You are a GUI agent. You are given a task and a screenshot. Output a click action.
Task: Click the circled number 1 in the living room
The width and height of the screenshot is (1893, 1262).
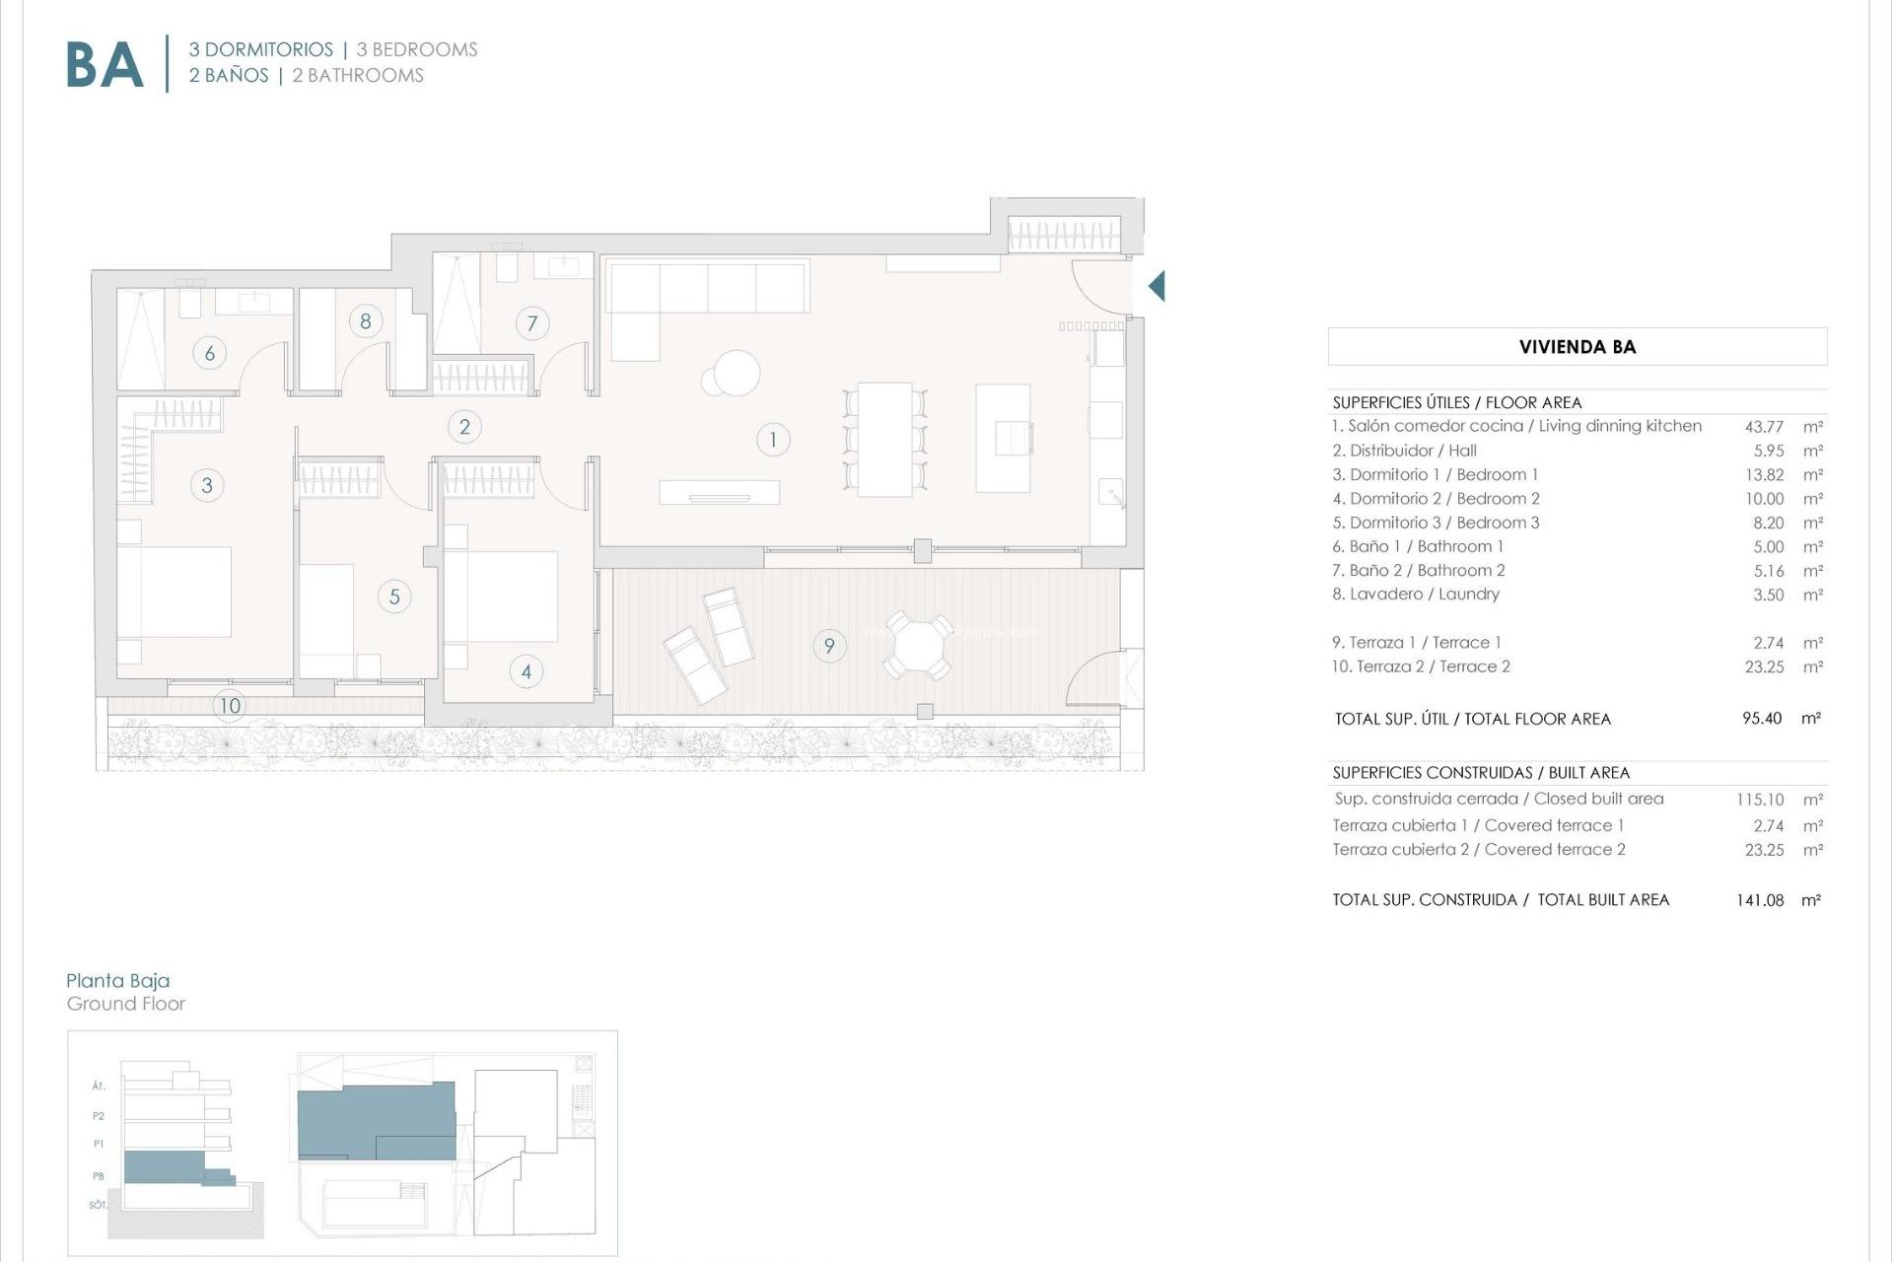773,440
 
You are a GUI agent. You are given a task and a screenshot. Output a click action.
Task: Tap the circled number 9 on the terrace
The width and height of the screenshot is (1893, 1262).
829,646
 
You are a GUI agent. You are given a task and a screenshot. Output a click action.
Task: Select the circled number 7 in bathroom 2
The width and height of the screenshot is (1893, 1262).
532,322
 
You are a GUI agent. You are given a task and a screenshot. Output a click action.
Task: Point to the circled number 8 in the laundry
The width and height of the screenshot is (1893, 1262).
366,320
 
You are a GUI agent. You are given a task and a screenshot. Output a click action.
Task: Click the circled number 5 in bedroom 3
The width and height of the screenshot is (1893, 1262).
394,596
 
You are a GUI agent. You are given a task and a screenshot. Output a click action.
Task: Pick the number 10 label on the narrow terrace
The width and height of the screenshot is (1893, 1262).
230,706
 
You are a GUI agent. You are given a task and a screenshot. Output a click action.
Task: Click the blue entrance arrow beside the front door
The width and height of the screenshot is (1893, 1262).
1157,286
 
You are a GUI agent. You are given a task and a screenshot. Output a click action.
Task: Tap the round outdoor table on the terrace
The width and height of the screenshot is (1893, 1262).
919,647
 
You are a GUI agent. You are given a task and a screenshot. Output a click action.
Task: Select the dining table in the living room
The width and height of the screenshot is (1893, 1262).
884,440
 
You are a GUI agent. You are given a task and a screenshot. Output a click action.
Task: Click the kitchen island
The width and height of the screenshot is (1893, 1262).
1003,438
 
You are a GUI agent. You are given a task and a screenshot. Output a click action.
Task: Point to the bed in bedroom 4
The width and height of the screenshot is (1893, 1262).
501,596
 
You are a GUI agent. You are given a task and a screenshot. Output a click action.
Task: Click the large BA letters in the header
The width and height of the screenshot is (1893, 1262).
105,65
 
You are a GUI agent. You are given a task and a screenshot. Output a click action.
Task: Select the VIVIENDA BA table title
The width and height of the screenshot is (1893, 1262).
1577,347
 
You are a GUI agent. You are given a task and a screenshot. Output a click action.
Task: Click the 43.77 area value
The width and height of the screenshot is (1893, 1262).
1764,427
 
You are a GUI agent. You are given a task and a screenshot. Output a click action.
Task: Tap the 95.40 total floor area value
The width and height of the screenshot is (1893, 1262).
1762,719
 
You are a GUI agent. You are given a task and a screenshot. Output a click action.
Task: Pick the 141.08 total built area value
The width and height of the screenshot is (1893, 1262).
1760,900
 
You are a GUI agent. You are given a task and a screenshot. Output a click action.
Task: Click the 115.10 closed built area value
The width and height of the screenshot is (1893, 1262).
1760,800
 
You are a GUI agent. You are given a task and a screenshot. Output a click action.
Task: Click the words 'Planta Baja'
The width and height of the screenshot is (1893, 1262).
118,981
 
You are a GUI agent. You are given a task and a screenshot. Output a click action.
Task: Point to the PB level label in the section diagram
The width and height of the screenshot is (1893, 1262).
99,1176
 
